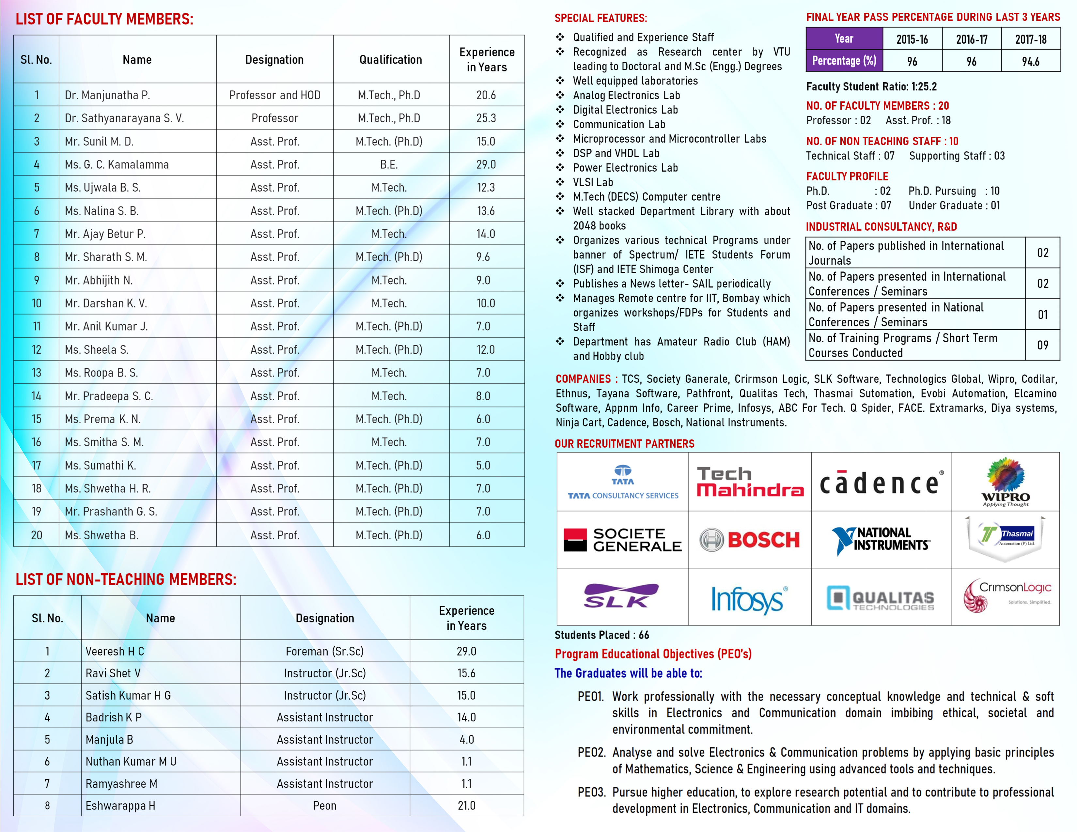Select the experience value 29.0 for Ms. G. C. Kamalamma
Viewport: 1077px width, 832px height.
(x=486, y=165)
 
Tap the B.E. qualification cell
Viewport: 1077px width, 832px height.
(x=389, y=165)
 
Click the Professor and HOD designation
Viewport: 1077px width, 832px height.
(x=275, y=95)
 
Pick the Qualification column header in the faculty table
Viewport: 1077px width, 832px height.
(x=391, y=60)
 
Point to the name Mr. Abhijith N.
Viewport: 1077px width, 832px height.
(x=99, y=281)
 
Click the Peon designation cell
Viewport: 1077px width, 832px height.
(x=324, y=805)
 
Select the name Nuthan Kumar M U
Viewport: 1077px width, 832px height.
(x=131, y=762)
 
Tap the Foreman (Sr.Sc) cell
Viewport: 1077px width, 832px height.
(x=324, y=651)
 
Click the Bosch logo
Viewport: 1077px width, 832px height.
(x=750, y=540)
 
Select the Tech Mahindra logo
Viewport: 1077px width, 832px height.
(x=750, y=482)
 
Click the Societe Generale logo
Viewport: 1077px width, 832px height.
(x=623, y=540)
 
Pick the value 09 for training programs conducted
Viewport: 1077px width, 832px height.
(x=1042, y=345)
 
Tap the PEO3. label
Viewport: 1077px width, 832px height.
(x=591, y=792)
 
